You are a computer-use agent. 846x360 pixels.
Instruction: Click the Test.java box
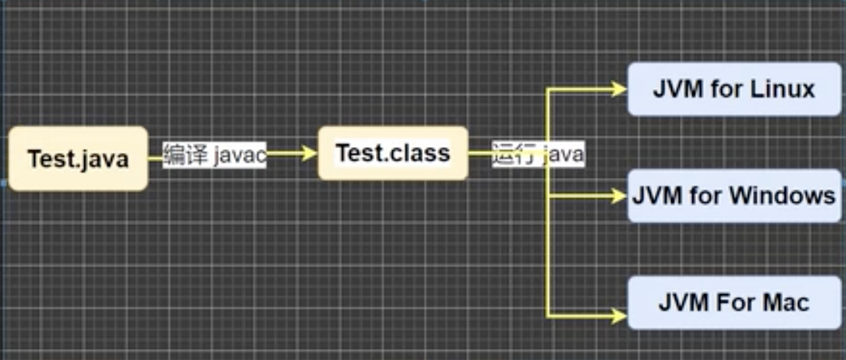coord(78,158)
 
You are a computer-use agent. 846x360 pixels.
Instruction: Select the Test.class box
coord(393,153)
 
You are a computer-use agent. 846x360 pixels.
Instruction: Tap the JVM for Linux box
coord(734,89)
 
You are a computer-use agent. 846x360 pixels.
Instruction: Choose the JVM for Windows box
coord(734,196)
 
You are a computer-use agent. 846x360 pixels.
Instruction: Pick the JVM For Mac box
coord(734,302)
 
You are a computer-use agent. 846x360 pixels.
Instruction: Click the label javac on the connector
coord(240,155)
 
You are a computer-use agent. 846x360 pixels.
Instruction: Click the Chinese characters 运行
coord(512,155)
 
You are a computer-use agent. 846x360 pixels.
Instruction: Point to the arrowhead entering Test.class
coord(310,153)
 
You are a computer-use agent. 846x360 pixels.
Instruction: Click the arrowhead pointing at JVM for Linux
coord(618,89)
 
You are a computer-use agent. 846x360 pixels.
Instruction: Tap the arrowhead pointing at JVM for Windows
coord(618,196)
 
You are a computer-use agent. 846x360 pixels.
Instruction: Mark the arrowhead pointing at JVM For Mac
coord(618,315)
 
